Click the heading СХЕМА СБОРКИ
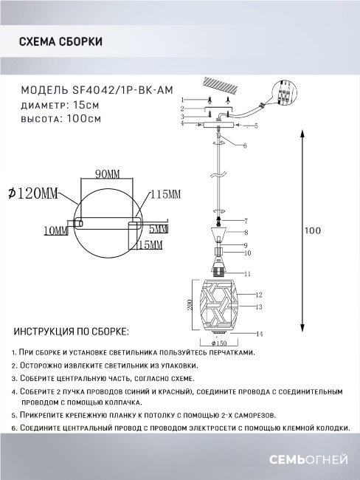pos(60,43)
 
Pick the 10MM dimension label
pos(56,231)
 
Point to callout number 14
pos(260,335)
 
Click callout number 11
pos(249,273)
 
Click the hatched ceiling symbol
pos(224,86)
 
